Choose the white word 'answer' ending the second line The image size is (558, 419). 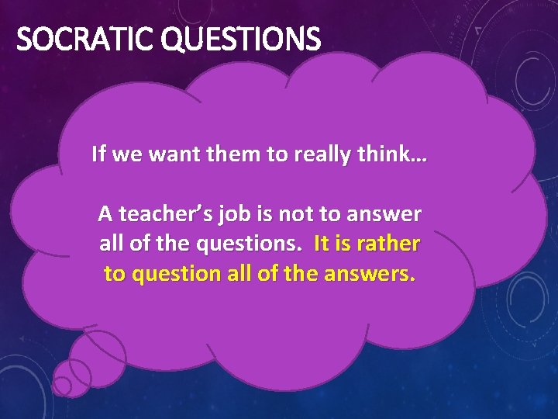[x=387, y=213]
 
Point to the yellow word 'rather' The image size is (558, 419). [x=388, y=243]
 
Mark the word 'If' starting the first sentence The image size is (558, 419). [x=98, y=154]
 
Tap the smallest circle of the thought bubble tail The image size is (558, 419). [x=62, y=386]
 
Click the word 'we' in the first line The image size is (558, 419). [x=128, y=154]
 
